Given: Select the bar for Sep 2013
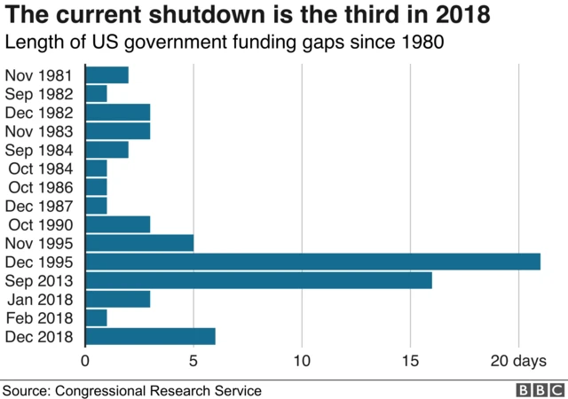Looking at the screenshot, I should click(258, 279).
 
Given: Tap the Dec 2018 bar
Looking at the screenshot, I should click(150, 336).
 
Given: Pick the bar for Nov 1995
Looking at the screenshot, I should click(139, 242).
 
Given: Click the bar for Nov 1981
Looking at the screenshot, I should click(106, 74).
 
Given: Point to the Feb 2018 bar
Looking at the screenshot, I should click(96, 317).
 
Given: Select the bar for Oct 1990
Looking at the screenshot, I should click(117, 223).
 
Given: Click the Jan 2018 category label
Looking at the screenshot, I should click(41, 299).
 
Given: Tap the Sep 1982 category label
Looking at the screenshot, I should click(41, 93).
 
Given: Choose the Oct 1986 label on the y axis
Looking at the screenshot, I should click(43, 186).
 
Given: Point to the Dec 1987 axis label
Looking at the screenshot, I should click(42, 205).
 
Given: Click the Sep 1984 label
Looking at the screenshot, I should click(41, 149).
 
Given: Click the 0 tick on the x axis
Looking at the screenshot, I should click(85, 361).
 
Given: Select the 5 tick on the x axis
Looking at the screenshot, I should click(193, 361).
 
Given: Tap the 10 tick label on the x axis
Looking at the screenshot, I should click(302, 361).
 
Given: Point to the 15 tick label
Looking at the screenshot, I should click(410, 361).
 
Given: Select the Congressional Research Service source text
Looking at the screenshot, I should click(160, 389).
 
